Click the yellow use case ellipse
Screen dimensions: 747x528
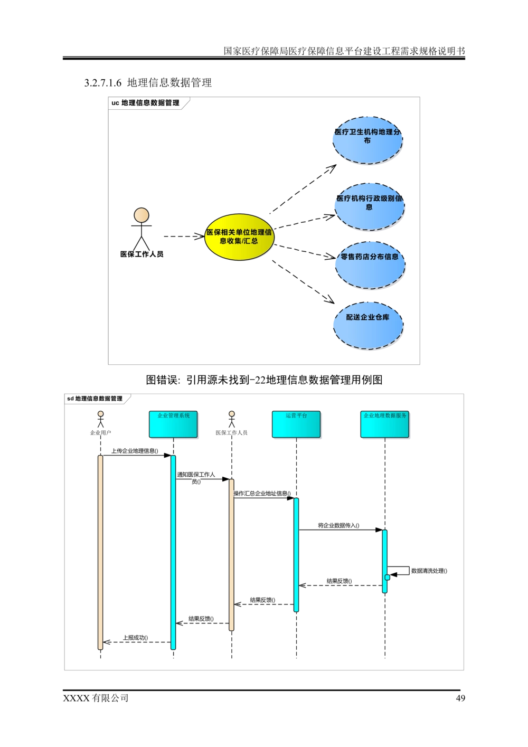[240, 237]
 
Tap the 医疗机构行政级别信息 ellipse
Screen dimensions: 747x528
[369, 206]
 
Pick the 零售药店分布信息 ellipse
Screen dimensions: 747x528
[370, 265]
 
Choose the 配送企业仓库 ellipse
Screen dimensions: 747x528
[368, 325]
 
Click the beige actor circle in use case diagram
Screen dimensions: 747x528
[141, 215]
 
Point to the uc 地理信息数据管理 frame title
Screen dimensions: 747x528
[145, 103]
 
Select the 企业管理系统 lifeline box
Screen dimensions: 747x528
[173, 424]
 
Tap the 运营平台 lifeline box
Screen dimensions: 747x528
[296, 424]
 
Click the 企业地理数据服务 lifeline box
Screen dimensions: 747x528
[385, 424]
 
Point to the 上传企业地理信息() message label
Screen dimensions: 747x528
[135, 451]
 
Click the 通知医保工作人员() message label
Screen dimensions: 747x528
[196, 478]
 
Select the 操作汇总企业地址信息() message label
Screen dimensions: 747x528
[262, 494]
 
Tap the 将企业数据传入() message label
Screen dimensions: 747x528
[338, 525]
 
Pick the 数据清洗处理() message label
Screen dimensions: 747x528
[429, 571]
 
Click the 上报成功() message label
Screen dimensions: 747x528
[135, 638]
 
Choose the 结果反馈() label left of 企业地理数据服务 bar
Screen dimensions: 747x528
[340, 581]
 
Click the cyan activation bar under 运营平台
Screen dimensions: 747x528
[296, 554]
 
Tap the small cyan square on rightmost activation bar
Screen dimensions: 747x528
[388, 578]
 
